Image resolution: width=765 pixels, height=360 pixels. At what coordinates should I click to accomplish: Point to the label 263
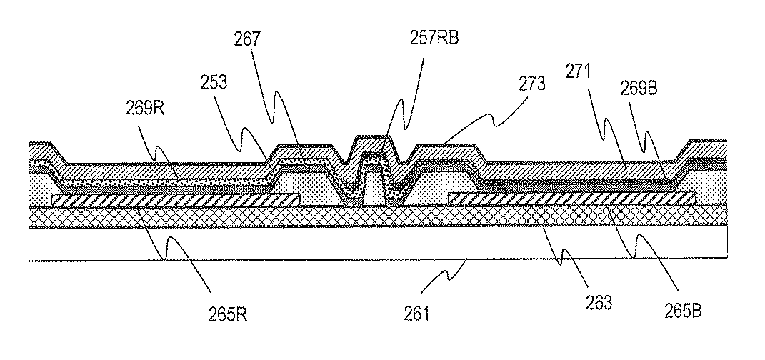[600, 303]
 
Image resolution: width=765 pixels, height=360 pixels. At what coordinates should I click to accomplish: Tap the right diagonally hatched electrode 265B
[571, 197]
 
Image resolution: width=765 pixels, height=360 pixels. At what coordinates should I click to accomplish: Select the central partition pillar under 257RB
[376, 187]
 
